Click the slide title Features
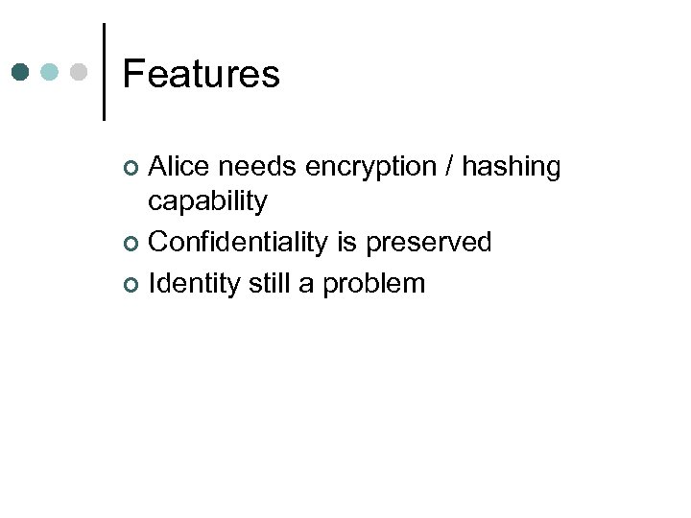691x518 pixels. coord(202,74)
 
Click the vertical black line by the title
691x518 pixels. coord(104,72)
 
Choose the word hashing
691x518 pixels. coord(512,168)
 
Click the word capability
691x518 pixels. coord(207,202)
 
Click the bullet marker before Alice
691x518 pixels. coord(132,169)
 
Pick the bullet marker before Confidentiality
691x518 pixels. coord(132,244)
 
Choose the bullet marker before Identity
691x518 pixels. coord(132,285)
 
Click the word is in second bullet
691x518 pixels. coord(345,243)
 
